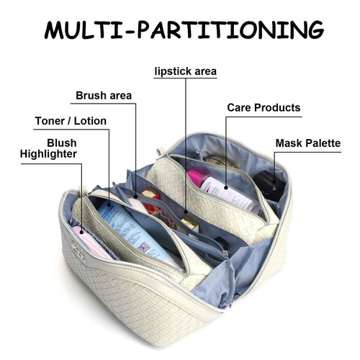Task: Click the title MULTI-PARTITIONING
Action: point(184,30)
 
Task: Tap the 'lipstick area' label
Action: point(186,71)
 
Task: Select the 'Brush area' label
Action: point(104,96)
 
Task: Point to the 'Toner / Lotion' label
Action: point(71,121)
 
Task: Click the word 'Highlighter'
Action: point(48,154)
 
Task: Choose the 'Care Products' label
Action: point(264,108)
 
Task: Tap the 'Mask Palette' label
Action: point(308,143)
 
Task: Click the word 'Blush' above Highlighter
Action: point(62,143)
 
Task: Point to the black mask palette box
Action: point(269,184)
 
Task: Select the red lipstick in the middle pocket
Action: point(151,200)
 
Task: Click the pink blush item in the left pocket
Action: point(90,243)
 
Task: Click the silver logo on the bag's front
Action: point(78,251)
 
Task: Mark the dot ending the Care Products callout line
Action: point(226,187)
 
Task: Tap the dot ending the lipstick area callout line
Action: point(186,212)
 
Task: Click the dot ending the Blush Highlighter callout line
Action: point(81,232)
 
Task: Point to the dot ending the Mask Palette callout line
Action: point(274,181)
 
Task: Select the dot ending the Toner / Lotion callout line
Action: point(109,205)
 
